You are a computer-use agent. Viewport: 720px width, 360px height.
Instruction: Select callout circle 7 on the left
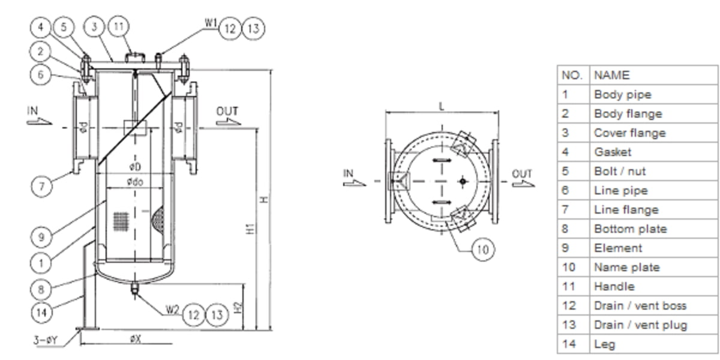(x=41, y=186)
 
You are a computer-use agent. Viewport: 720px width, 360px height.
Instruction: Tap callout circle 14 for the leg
(x=41, y=311)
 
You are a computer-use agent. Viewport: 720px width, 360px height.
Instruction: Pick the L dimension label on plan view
(x=442, y=106)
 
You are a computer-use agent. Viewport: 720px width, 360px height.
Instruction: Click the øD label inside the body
(x=134, y=166)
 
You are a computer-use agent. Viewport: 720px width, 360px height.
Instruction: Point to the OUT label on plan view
(x=522, y=174)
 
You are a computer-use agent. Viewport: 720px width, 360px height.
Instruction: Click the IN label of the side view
(x=32, y=110)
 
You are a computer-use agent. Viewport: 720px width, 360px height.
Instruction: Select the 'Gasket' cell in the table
(x=612, y=152)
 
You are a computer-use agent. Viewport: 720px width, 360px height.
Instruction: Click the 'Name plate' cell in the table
(x=626, y=267)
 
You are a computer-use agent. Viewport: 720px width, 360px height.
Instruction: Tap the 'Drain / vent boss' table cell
(x=640, y=305)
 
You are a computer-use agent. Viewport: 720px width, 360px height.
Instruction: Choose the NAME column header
(x=611, y=75)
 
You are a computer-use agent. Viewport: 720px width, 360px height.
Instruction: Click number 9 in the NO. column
(x=565, y=248)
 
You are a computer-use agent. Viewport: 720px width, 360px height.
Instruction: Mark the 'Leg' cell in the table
(x=604, y=344)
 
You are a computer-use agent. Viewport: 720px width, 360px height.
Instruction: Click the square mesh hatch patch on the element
(x=121, y=220)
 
